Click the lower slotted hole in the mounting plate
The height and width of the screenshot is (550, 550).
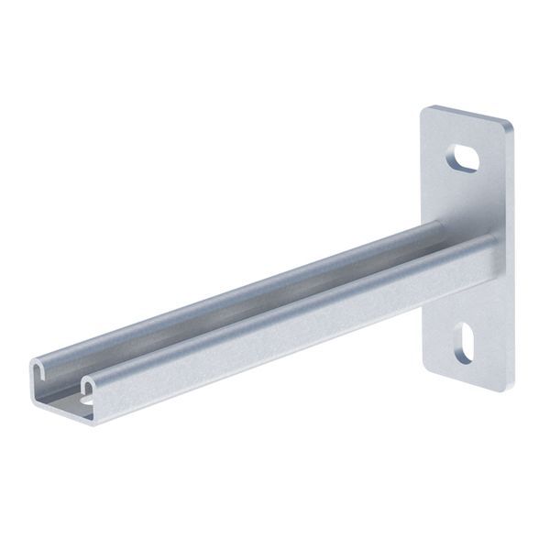pyautogui.click(x=463, y=342)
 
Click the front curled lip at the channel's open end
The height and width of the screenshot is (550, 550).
pyautogui.click(x=88, y=379)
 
